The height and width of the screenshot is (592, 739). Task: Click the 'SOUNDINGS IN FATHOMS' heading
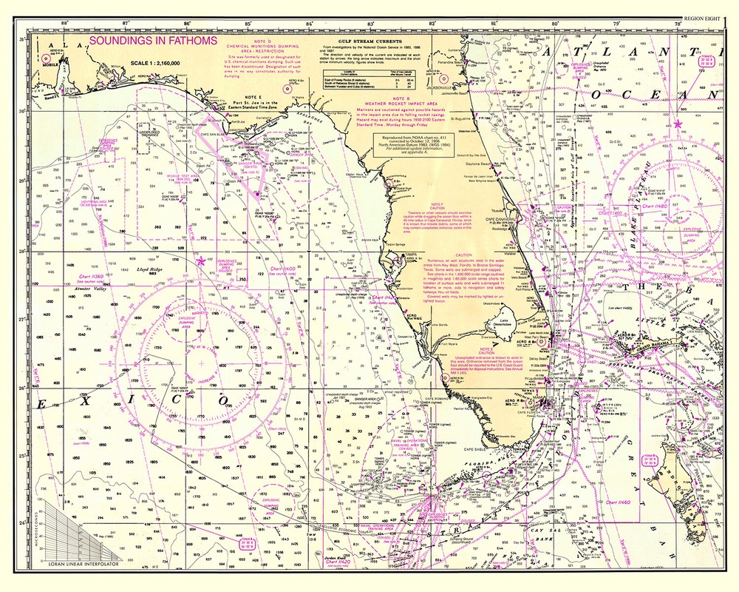point(152,40)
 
